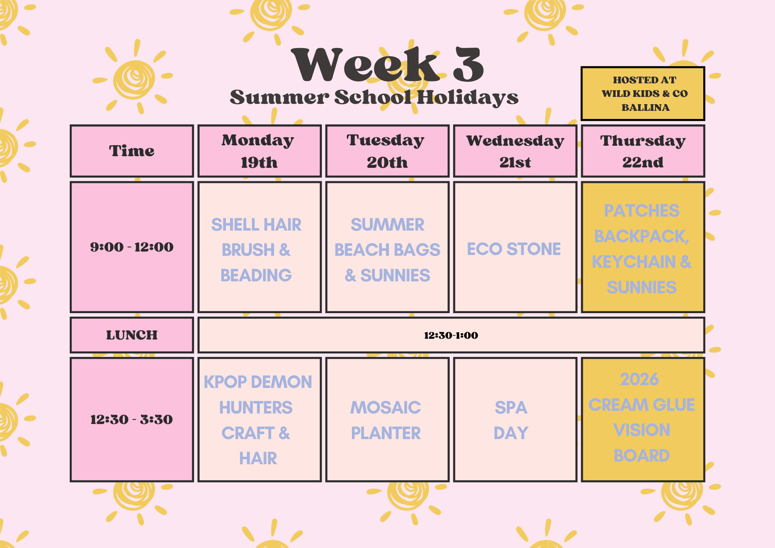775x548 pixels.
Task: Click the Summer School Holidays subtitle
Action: click(374, 97)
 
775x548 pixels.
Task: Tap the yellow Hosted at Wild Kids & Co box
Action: click(642, 93)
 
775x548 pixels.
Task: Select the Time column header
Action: click(132, 151)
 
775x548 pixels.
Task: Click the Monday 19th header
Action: click(259, 151)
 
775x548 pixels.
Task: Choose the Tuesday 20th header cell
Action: click(387, 151)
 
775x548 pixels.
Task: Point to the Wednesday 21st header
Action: click(515, 151)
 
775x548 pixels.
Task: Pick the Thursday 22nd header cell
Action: click(642, 151)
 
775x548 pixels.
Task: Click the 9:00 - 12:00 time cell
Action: click(132, 247)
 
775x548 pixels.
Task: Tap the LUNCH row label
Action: click(132, 335)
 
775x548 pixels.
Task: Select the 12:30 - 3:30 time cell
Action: click(132, 419)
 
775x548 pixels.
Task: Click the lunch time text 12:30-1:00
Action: click(451, 335)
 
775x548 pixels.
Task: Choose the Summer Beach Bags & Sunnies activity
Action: click(387, 250)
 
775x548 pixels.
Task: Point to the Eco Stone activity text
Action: click(514, 249)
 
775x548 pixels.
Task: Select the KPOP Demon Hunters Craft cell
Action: click(258, 420)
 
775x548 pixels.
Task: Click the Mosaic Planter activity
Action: click(386, 420)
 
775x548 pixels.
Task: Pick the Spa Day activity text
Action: click(511, 420)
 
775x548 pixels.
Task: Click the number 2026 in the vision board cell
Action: click(639, 379)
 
